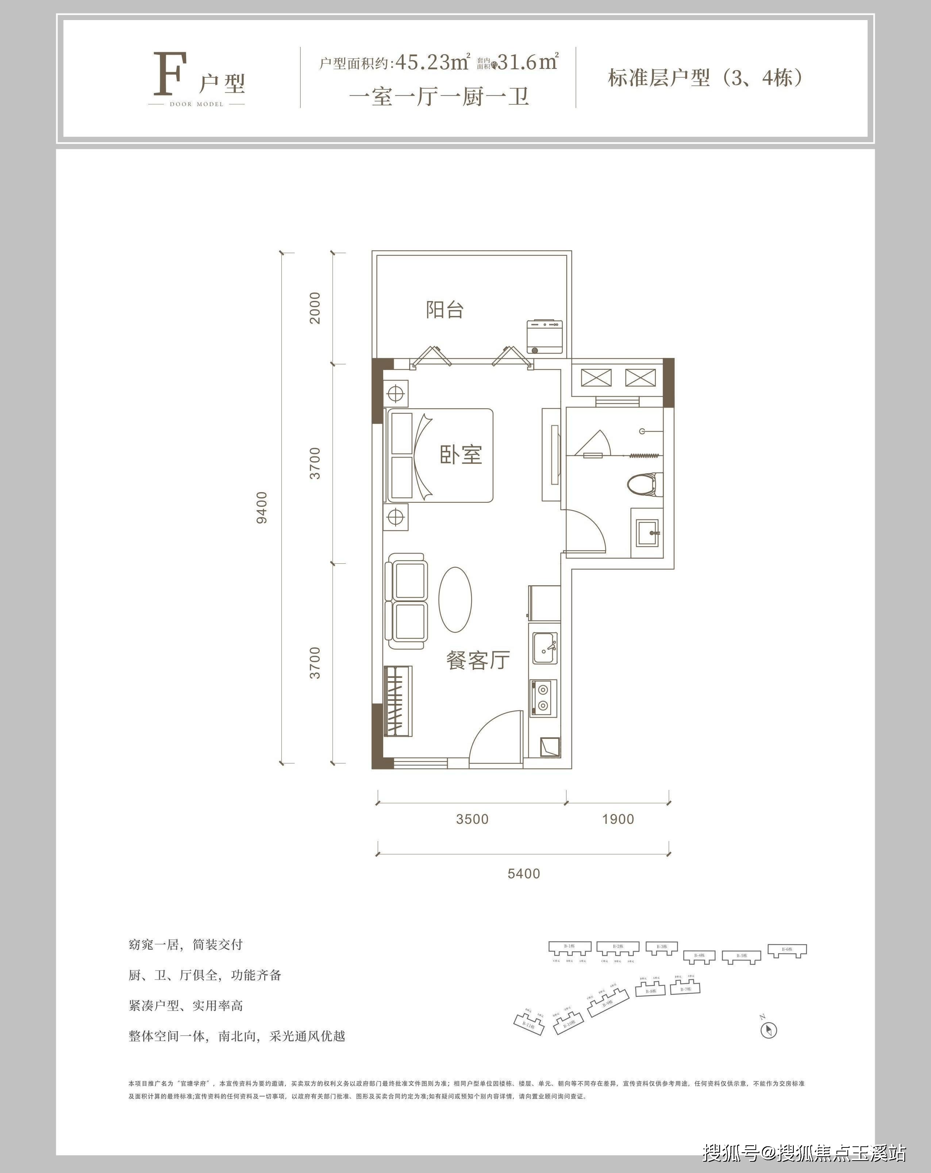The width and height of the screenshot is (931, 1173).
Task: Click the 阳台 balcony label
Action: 445,310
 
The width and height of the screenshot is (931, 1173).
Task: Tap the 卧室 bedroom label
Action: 461,455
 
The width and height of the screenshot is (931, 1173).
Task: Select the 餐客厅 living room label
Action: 478,660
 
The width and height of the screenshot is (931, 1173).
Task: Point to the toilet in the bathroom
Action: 644,484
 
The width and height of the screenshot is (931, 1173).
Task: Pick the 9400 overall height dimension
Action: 262,508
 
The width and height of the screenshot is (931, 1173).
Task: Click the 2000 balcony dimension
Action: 315,308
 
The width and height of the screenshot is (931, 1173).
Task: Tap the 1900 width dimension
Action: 618,819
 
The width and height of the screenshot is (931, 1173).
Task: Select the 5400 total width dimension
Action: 523,873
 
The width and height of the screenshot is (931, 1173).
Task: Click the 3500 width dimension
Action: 472,819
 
